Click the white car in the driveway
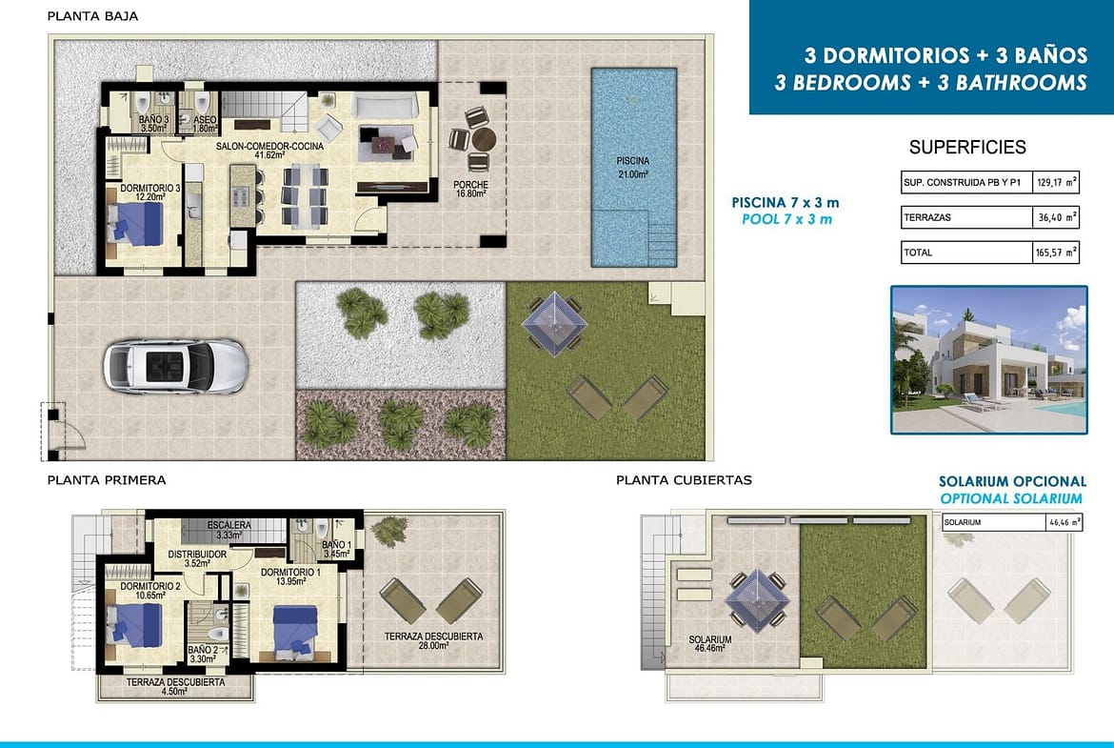point(175,366)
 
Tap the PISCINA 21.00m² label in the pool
point(632,167)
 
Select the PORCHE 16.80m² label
point(470,189)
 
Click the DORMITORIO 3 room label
point(149,192)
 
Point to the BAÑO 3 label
point(153,125)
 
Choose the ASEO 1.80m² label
point(205,125)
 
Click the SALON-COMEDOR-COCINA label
point(269,150)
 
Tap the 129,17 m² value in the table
point(1057,182)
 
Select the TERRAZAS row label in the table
point(927,217)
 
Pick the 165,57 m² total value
point(1057,252)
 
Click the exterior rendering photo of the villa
point(989,360)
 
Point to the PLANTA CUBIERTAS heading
point(684,480)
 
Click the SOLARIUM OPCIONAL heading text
point(1012,481)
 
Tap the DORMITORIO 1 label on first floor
point(290,576)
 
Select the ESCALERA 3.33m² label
point(229,530)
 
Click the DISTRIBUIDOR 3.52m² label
point(197,558)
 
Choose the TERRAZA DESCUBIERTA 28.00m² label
point(433,640)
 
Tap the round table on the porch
point(484,139)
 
